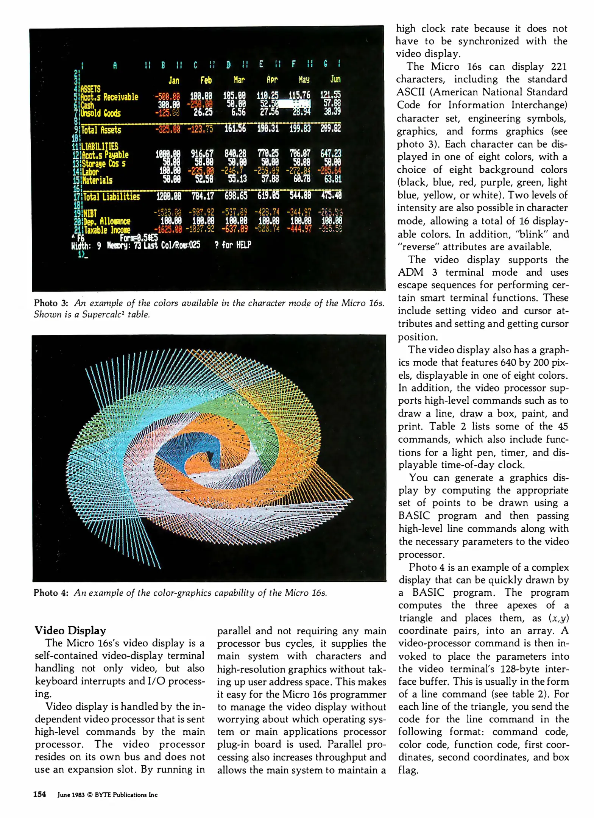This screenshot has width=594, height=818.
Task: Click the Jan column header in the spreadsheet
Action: pyautogui.click(x=174, y=80)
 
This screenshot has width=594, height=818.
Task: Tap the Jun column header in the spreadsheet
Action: pyautogui.click(x=335, y=79)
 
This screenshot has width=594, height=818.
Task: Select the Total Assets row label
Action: pyautogui.click(x=101, y=130)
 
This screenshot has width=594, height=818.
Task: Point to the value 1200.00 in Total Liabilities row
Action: pyautogui.click(x=168, y=196)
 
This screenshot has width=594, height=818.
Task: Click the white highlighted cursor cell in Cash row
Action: pyautogui.click(x=295, y=104)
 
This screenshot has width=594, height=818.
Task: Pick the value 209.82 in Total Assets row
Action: pyautogui.click(x=331, y=128)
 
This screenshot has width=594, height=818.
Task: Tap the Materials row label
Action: pyautogui.click(x=97, y=180)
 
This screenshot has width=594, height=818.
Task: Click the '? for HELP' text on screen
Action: pyautogui.click(x=232, y=245)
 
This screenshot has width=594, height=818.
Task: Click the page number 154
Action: pyautogui.click(x=39, y=795)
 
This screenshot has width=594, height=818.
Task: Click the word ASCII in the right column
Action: pyautogui.click(x=410, y=92)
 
